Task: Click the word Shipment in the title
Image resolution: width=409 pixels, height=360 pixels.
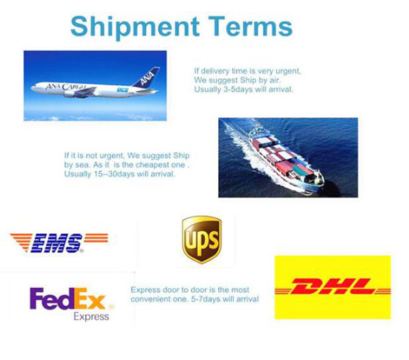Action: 135,27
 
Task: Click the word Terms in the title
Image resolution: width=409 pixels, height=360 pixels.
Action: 250,26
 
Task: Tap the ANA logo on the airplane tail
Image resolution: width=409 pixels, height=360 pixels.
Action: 148,78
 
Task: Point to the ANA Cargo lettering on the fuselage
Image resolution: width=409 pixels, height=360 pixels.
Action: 65,87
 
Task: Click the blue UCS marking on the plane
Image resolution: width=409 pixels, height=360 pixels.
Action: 122,90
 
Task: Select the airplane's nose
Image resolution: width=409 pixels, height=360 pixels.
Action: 32,88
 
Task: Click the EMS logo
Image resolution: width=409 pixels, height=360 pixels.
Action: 59,243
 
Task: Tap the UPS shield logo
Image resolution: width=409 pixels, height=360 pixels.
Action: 202,239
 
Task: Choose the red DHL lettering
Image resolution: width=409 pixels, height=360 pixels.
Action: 333,286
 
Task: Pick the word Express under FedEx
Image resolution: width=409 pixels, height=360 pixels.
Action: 91,316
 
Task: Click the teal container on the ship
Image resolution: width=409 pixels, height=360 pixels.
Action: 301,170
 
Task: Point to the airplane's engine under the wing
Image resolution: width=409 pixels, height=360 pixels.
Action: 70,94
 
